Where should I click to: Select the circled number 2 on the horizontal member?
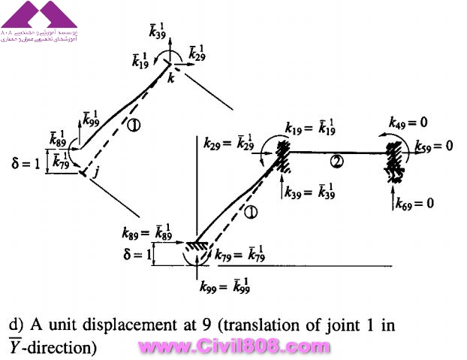pyautogui.click(x=338, y=160)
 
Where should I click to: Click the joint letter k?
pyautogui.click(x=171, y=78)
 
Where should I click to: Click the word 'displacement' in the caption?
pyautogui.click(x=110, y=326)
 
